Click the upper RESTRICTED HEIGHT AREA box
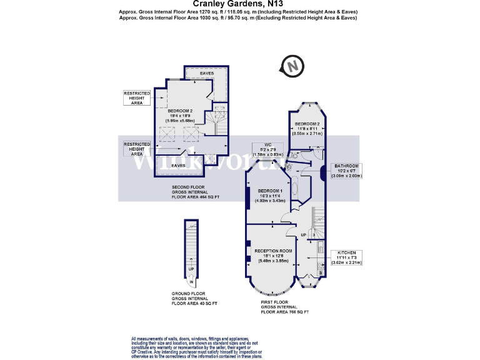click(137, 97)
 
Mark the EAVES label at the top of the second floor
click(207, 74)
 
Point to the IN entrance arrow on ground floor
click(192, 282)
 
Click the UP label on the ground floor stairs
click(192, 270)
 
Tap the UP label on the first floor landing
click(304, 234)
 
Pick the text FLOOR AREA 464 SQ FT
click(197, 197)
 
